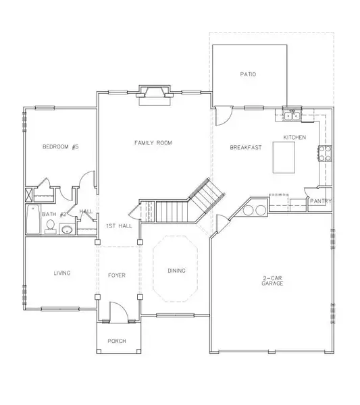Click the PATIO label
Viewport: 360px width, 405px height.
click(248, 74)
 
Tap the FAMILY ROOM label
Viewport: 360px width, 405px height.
click(153, 143)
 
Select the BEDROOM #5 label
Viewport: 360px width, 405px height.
click(61, 146)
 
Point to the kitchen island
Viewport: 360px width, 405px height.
click(284, 157)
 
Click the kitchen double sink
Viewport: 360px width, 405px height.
click(292, 116)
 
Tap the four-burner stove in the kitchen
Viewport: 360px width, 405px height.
click(325, 153)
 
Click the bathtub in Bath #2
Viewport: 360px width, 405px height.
click(33, 219)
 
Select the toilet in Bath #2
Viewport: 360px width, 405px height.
click(50, 227)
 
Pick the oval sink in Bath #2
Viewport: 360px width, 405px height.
click(67, 230)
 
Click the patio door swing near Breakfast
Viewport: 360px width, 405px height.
click(224, 116)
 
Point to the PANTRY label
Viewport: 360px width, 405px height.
click(321, 201)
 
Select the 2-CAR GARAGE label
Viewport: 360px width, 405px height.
click(272, 281)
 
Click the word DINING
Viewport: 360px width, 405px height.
click(177, 271)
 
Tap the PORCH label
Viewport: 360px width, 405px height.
click(117, 341)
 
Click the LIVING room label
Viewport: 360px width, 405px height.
click(62, 273)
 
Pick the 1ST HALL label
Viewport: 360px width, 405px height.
click(119, 226)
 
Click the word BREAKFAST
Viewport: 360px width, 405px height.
click(246, 147)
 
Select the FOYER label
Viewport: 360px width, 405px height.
click(117, 275)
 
